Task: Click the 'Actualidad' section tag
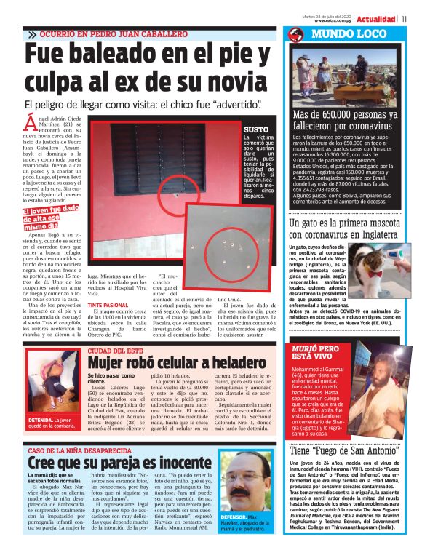click(x=376, y=18)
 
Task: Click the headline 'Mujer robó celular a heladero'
click(x=177, y=362)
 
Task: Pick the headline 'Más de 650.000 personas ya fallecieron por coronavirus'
click(x=343, y=119)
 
